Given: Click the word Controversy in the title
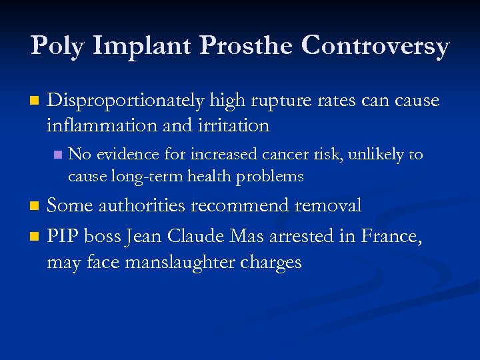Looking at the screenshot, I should click(375, 46).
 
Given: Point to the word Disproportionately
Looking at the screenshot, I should click(125, 101).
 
